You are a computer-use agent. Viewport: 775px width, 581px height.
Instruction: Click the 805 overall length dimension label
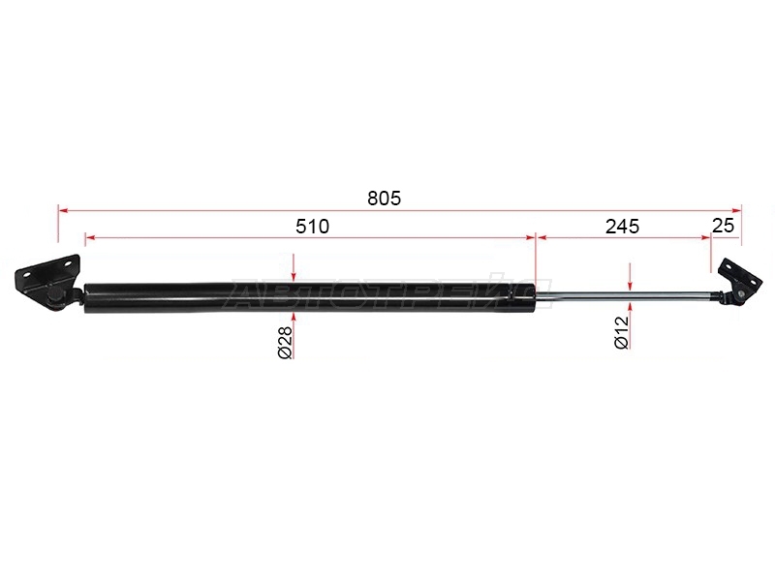(384, 199)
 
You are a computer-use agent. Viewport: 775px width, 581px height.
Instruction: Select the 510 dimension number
(312, 227)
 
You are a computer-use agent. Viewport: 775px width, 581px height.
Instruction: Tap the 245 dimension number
(622, 227)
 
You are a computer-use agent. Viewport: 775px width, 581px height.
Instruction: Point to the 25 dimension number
(724, 226)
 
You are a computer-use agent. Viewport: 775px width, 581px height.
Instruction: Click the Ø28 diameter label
(286, 342)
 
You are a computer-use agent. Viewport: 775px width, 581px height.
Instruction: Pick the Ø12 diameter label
(622, 332)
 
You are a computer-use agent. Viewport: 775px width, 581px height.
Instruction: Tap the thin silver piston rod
(626, 295)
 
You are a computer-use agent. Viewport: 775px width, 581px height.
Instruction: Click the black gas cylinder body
(310, 298)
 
